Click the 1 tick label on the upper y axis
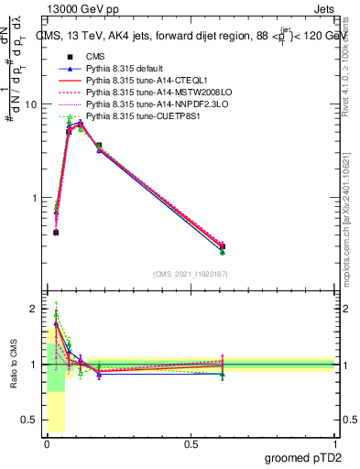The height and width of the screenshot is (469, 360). pyautogui.click(x=33, y=198)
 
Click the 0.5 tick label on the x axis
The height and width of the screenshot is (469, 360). pyautogui.click(x=191, y=443)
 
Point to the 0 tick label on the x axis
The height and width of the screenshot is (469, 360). pyautogui.click(x=47, y=443)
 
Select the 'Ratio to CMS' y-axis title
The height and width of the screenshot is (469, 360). pyautogui.click(x=13, y=364)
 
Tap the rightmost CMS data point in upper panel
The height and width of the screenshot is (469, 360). pyautogui.click(x=223, y=245)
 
